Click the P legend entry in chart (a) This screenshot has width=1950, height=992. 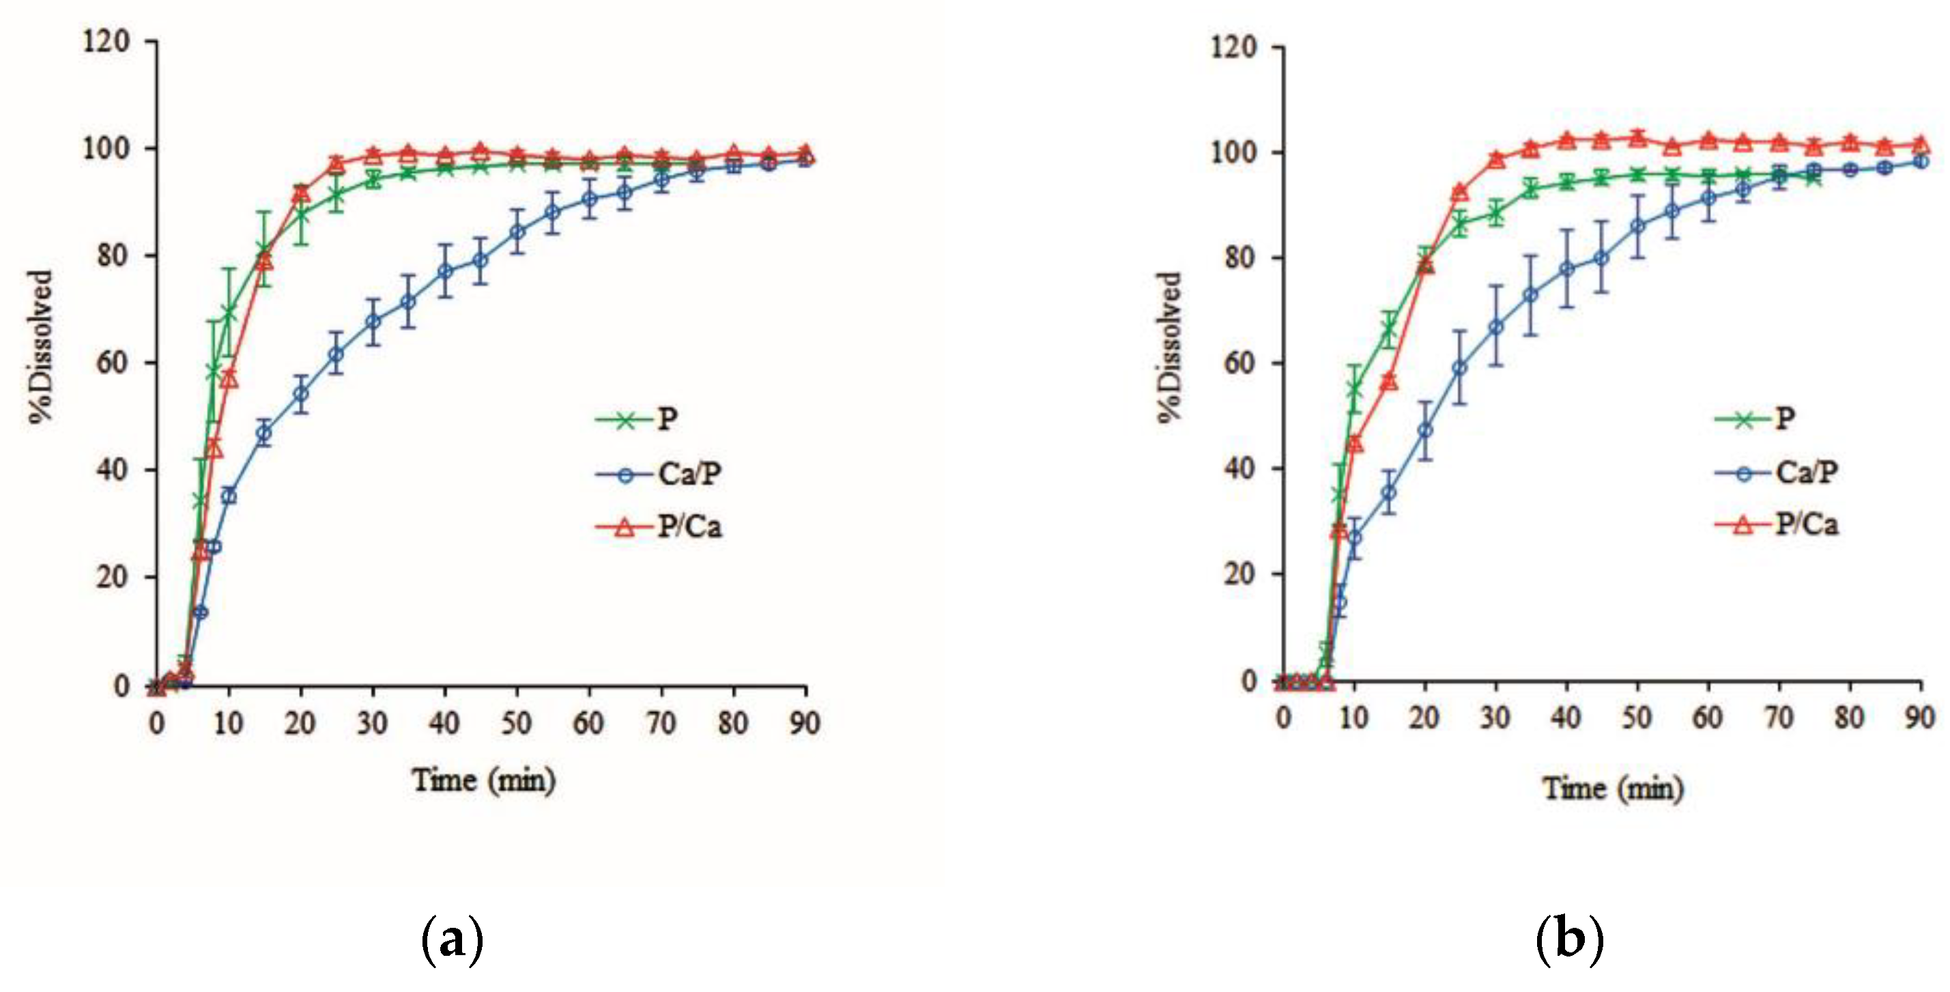pos(666,419)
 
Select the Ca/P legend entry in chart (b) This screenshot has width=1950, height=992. pos(1806,472)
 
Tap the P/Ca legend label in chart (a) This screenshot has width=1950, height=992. pos(689,526)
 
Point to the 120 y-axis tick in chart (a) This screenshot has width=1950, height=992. pos(106,41)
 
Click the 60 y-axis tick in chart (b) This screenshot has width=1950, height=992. pos(1239,363)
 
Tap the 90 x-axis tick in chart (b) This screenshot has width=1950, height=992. pos(1919,716)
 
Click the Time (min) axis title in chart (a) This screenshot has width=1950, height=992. pos(483,780)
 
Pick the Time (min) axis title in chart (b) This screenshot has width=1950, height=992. pos(1613,789)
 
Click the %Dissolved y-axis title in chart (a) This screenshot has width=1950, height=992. pos(42,347)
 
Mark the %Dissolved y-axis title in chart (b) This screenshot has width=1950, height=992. pos(1170,347)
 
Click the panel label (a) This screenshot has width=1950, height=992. pos(451,939)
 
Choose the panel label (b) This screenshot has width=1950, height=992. pos(1569,939)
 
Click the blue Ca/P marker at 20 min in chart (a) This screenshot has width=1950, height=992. pos(300,394)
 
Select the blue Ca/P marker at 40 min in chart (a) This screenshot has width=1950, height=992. pos(445,270)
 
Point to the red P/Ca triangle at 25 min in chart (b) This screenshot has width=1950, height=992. pos(1460,193)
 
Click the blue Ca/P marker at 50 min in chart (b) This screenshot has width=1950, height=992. pos(1637,226)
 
